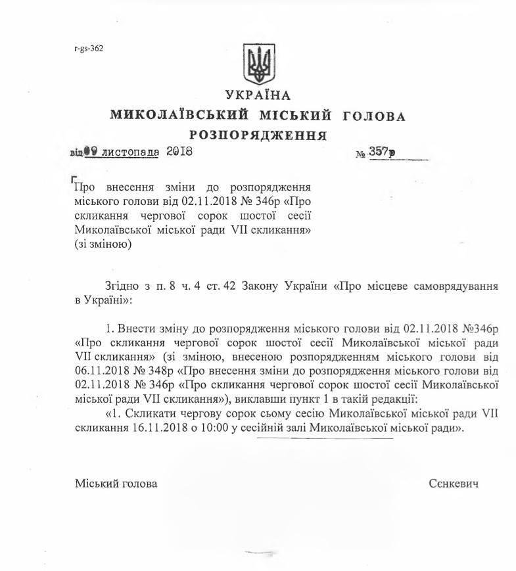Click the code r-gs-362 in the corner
tap(89, 48)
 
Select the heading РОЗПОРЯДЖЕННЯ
tap(258, 136)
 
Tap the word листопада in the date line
tap(131, 151)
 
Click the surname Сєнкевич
tap(452, 484)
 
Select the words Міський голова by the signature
tap(116, 484)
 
